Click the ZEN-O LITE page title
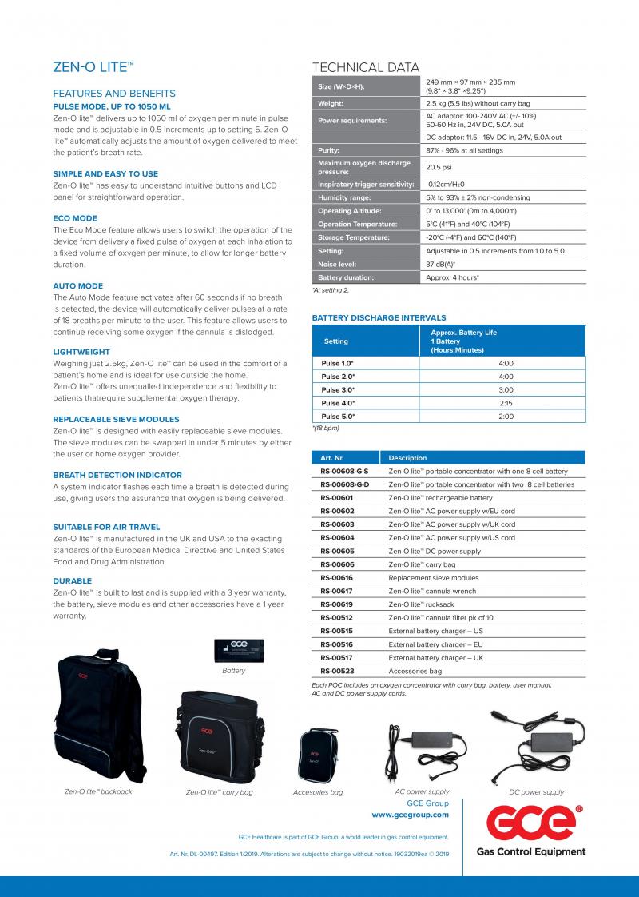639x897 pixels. point(93,69)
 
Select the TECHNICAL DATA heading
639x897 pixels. point(365,67)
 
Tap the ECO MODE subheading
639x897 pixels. point(75,218)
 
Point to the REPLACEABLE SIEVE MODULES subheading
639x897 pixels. point(116,419)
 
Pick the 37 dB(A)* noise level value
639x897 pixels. point(440,264)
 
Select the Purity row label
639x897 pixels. point(329,150)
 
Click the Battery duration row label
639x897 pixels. point(346,277)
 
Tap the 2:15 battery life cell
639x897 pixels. point(505,403)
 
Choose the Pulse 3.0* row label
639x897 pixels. point(338,389)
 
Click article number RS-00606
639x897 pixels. point(336,564)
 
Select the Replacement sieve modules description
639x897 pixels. point(434,577)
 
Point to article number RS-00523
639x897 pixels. point(336,671)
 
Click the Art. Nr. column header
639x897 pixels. point(331,458)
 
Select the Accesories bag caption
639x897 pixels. point(318,792)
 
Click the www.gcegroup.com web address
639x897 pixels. point(410,815)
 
